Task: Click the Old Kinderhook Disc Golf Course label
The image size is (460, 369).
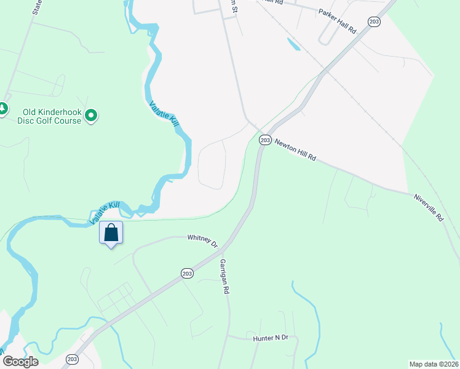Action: (x=52, y=116)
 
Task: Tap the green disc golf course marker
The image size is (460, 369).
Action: (x=92, y=115)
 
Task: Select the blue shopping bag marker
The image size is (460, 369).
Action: (x=111, y=234)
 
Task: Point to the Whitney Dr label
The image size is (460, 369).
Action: (x=203, y=240)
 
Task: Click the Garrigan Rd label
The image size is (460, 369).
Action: (x=225, y=276)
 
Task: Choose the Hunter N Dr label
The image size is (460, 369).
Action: (x=271, y=338)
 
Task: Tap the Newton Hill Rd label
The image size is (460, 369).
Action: (x=295, y=149)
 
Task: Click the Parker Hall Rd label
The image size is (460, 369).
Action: (x=338, y=20)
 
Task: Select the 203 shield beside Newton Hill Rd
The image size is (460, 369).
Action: (x=265, y=140)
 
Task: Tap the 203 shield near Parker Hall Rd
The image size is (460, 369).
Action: (x=375, y=22)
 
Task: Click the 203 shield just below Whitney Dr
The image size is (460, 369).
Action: (x=188, y=273)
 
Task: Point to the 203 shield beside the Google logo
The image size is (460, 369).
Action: (x=73, y=359)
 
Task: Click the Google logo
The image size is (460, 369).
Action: (x=20, y=361)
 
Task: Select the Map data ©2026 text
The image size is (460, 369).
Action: (x=433, y=363)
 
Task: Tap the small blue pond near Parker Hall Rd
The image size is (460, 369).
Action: (x=293, y=44)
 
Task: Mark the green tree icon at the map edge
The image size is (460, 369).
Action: (x=2, y=109)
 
